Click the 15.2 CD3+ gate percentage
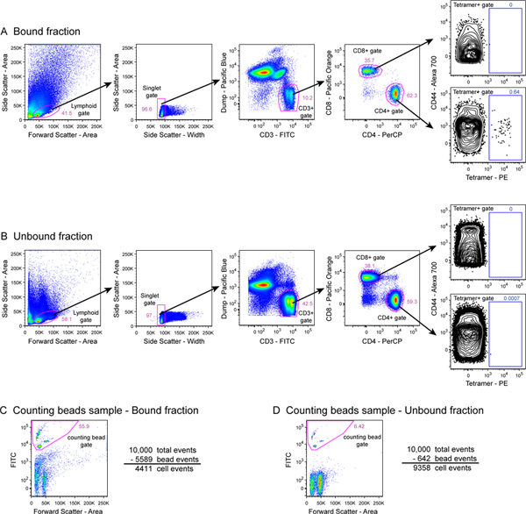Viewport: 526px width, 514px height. click(308, 99)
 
